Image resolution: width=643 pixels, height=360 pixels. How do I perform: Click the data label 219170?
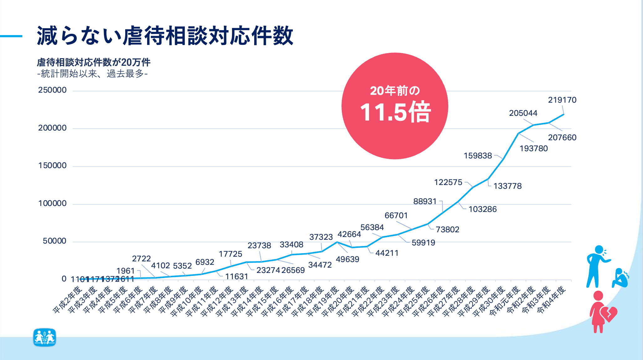click(x=562, y=100)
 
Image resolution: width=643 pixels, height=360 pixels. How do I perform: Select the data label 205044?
click(x=523, y=113)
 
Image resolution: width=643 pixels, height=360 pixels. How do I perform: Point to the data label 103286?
click(x=482, y=209)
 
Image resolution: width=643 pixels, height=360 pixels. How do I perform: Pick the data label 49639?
click(x=347, y=259)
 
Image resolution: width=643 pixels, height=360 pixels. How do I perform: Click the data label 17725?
click(x=230, y=254)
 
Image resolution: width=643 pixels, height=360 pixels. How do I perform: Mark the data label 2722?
click(x=141, y=259)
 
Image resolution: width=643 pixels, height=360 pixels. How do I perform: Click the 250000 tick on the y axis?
click(x=52, y=90)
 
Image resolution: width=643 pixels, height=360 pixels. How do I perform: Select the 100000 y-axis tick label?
click(x=52, y=203)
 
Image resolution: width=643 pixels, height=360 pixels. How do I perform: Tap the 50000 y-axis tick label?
click(x=54, y=241)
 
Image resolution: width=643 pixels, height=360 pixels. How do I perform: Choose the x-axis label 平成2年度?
click(x=68, y=300)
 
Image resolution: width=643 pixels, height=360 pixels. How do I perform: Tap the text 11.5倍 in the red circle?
click(x=395, y=112)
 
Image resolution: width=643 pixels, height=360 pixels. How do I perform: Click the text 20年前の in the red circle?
click(x=395, y=91)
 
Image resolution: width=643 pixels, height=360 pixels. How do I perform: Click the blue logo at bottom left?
click(x=44, y=337)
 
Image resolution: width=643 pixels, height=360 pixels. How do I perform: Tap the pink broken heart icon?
click(x=608, y=314)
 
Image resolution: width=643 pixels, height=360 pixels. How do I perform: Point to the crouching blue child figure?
click(x=620, y=278)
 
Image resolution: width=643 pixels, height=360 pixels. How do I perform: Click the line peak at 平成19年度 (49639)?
click(x=337, y=242)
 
